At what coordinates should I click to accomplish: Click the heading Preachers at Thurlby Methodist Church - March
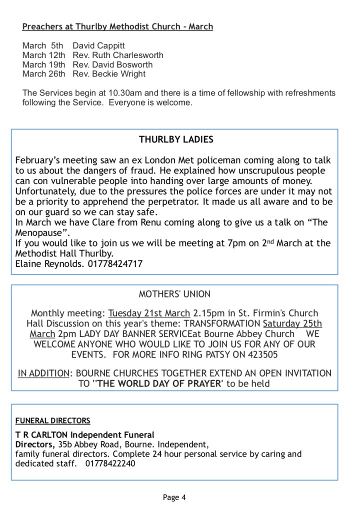pyautogui.click(x=117, y=26)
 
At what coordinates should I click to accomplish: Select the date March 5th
pyautogui.click(x=42, y=46)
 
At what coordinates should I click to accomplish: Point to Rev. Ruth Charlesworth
pyautogui.click(x=118, y=55)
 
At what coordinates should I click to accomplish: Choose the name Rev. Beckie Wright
pyautogui.click(x=109, y=74)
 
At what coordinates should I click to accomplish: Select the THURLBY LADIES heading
pyautogui.click(x=176, y=140)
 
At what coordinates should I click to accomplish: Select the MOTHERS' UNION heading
pyautogui.click(x=174, y=294)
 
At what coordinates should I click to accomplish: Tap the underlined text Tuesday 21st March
pyautogui.click(x=149, y=313)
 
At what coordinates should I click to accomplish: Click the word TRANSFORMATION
pyautogui.click(x=218, y=323)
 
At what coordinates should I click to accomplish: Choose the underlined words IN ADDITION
pyautogui.click(x=43, y=373)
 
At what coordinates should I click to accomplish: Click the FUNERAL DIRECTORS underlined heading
pyautogui.click(x=52, y=420)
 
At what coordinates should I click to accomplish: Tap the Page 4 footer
pyautogui.click(x=174, y=497)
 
